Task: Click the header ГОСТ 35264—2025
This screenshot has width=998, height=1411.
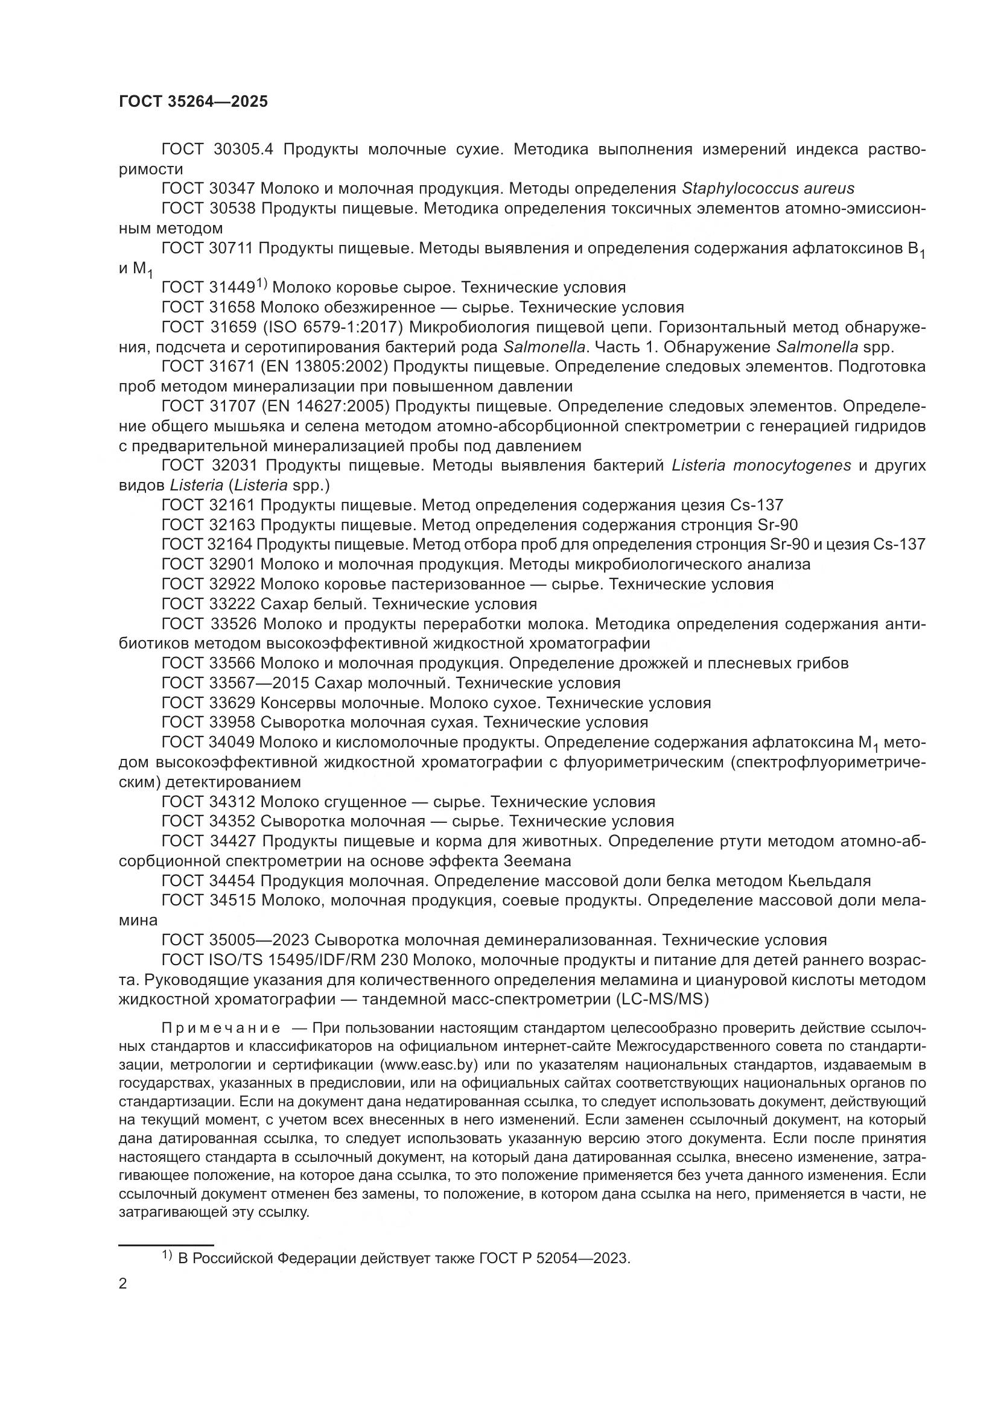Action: tap(193, 102)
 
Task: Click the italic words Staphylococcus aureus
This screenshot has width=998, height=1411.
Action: tap(768, 188)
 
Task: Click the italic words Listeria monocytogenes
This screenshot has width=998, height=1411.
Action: tap(761, 465)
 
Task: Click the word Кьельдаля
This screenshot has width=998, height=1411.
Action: tap(829, 881)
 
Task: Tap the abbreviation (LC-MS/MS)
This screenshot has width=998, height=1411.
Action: tap(662, 999)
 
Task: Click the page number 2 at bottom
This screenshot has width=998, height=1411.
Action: tap(123, 1284)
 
